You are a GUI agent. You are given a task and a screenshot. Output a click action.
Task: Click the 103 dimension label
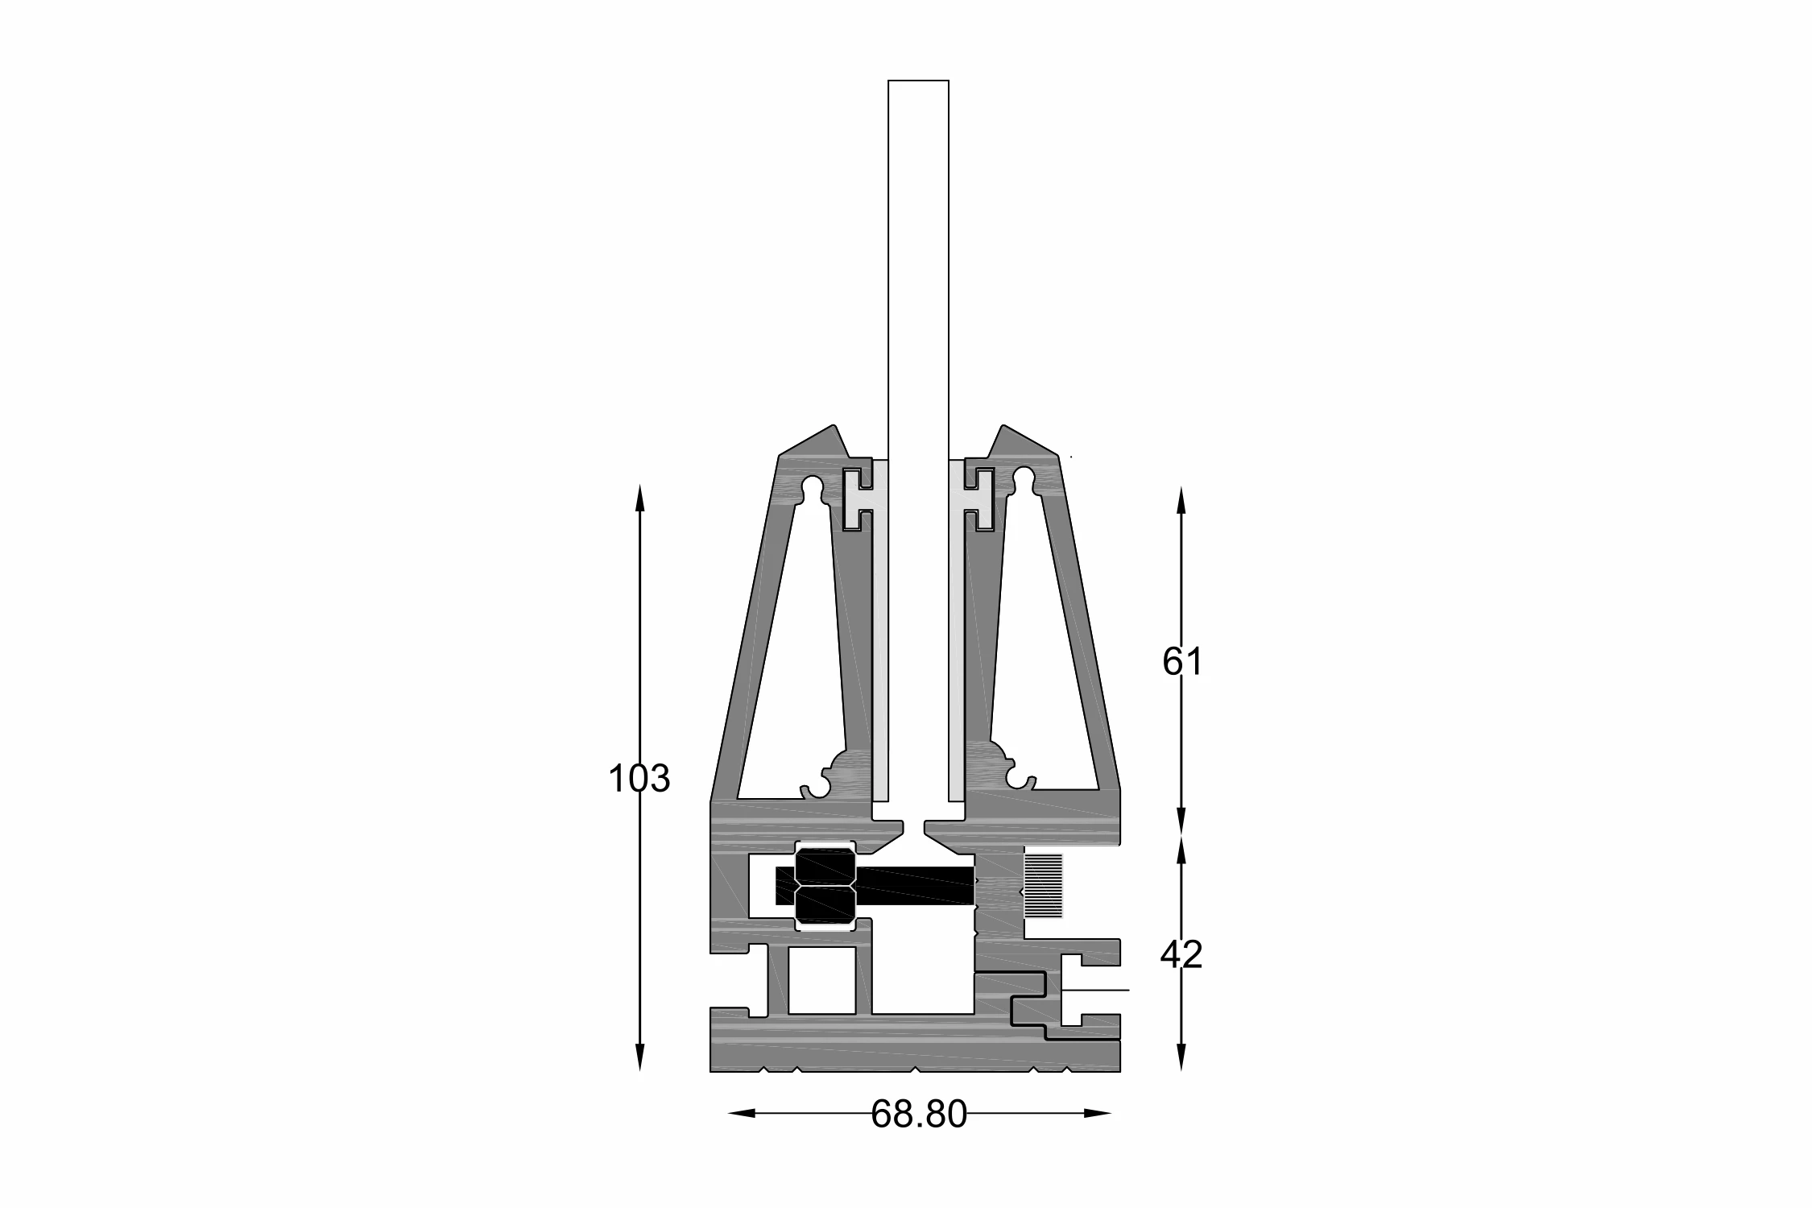click(x=639, y=779)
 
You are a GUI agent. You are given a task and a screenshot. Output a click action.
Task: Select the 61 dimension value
click(x=1181, y=662)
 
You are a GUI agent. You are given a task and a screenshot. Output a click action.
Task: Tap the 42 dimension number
click(x=1181, y=954)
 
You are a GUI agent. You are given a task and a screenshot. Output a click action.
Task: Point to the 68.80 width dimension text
click(x=919, y=1115)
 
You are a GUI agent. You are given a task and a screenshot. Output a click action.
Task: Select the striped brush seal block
click(x=1043, y=886)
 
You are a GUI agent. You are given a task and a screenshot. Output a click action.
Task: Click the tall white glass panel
click(x=918, y=451)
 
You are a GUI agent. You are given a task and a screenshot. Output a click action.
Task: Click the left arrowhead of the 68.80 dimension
click(x=741, y=1114)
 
